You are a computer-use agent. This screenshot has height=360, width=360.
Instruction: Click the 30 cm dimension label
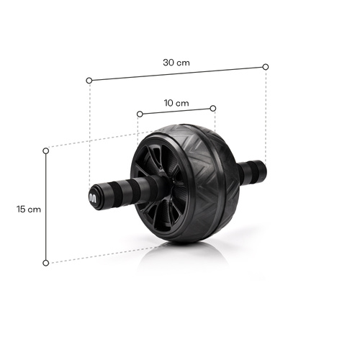click(x=176, y=62)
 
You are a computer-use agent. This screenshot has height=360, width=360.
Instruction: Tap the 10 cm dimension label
click(x=176, y=103)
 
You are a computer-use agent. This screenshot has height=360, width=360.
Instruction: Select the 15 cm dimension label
click(x=29, y=209)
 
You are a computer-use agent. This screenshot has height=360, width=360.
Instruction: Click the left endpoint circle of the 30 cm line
click(x=89, y=80)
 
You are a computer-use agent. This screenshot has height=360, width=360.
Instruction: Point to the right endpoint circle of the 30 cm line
click(x=266, y=66)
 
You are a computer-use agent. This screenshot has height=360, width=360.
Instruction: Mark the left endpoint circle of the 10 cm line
click(x=138, y=113)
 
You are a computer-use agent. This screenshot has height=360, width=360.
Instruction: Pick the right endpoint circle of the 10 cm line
click(x=214, y=108)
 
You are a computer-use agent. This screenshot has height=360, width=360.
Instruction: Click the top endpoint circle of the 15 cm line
click(x=46, y=150)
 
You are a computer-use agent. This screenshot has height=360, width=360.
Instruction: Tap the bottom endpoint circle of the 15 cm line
click(x=46, y=263)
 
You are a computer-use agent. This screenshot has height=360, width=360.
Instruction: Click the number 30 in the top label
click(x=170, y=62)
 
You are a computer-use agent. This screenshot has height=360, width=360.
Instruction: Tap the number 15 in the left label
click(x=22, y=209)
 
